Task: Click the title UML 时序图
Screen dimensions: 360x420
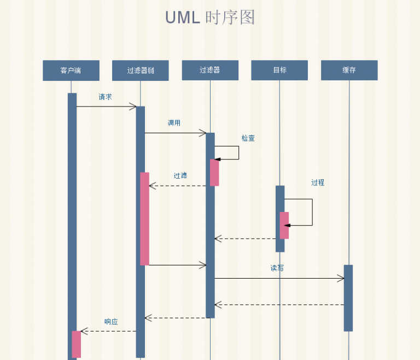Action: pos(210,17)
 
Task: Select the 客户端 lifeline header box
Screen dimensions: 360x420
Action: pos(71,70)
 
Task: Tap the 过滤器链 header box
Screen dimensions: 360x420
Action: pos(141,70)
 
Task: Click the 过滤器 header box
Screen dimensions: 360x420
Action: pos(210,70)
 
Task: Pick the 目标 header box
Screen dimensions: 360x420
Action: pos(279,70)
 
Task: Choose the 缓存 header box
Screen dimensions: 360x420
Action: pos(349,70)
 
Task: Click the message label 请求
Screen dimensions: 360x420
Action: pos(105,97)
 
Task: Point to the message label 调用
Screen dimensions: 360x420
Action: pos(174,123)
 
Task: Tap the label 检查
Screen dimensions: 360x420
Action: pos(248,138)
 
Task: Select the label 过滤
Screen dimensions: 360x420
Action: pos(180,175)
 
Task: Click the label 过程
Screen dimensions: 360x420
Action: pos(318,182)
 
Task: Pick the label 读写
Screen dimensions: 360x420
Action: pos(277,268)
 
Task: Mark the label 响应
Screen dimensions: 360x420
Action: pos(111,322)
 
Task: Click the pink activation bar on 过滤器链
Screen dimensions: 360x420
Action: pos(144,219)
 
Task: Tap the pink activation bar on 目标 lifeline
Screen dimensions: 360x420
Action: pos(284,225)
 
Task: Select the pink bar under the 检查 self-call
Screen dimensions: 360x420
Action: pos(214,173)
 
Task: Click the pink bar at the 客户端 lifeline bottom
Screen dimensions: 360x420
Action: pos(77,344)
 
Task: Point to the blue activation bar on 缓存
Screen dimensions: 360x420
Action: pos(348,298)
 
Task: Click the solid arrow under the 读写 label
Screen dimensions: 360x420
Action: pos(279,279)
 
